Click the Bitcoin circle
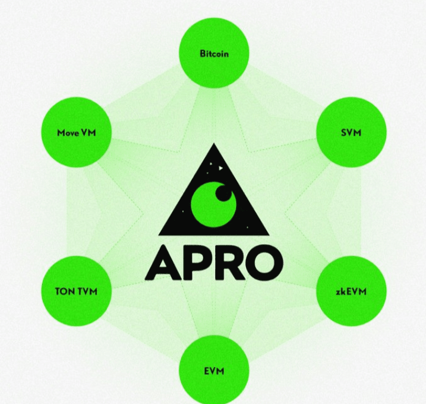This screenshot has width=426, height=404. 214,54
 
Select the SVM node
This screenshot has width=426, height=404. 351,132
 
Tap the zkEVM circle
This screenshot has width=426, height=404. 351,292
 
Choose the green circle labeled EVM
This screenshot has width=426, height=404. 214,371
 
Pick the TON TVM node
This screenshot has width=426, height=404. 76,292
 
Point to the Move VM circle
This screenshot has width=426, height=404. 76,132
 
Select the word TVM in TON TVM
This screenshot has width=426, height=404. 86,292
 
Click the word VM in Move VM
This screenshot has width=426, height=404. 88,132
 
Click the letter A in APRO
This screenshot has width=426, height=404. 162,262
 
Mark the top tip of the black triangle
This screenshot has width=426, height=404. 213,145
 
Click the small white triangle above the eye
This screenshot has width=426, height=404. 219,169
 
